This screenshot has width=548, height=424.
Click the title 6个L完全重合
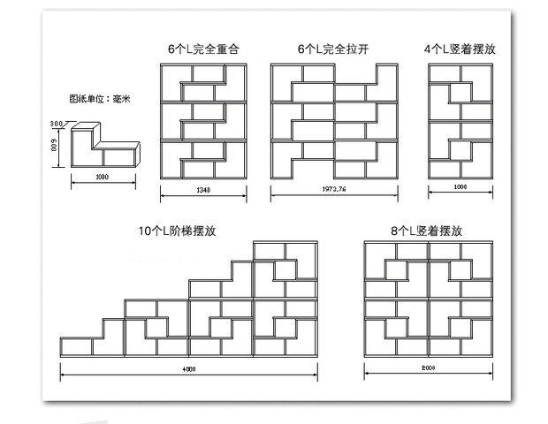[x=202, y=49]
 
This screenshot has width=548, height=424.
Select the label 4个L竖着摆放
[x=460, y=49]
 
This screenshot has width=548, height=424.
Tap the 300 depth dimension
[x=56, y=123]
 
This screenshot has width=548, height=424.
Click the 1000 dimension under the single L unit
[x=103, y=177]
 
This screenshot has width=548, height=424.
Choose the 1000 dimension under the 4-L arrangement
[x=460, y=188]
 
